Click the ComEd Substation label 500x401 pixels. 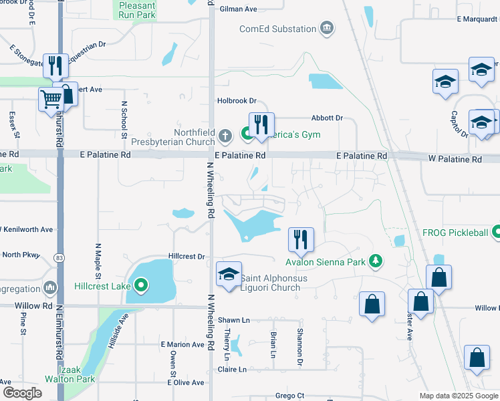coord(278,29)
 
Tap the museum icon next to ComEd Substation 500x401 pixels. coord(326,28)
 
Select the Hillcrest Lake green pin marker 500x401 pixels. coord(141,287)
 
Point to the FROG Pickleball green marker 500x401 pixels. coord(496,233)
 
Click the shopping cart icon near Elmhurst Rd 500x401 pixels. coord(51,100)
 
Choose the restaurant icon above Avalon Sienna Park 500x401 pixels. coord(301,239)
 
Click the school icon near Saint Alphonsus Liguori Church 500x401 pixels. coord(228,275)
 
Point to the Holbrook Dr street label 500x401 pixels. coord(237,101)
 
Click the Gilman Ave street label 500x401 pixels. coord(238,9)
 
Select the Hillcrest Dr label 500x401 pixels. coord(186,256)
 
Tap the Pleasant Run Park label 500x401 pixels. coord(137,9)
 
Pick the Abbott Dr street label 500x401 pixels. coord(326,118)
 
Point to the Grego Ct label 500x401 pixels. coord(289,396)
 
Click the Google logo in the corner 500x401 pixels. coord(22,393)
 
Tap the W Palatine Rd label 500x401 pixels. coord(455,160)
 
